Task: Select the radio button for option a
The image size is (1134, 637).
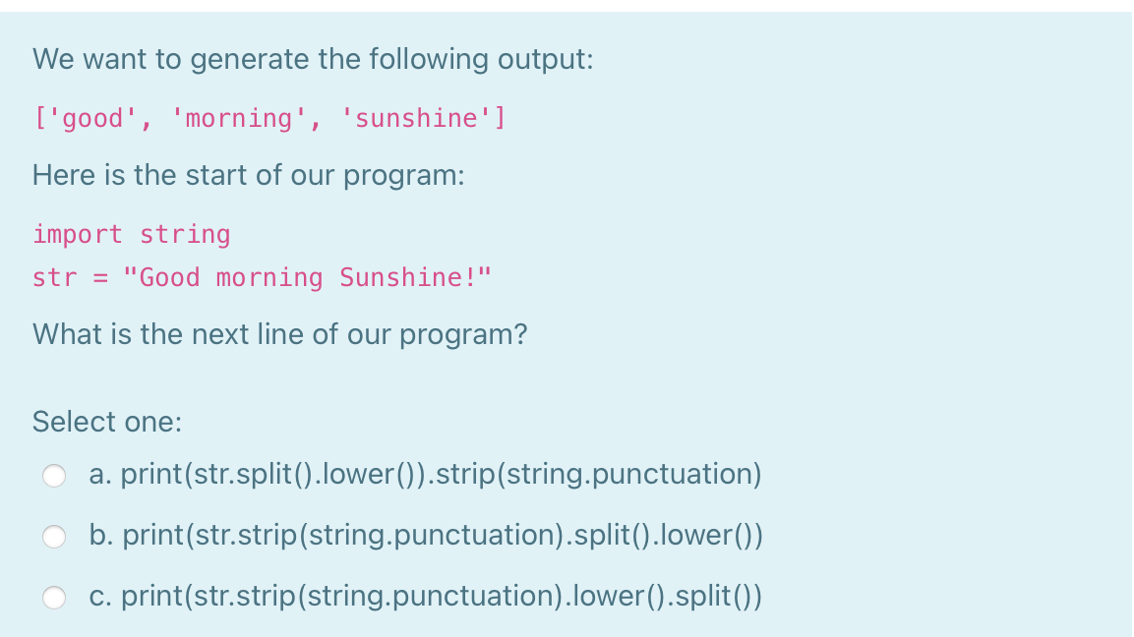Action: click(x=55, y=477)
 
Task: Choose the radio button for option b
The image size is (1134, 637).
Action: click(x=55, y=538)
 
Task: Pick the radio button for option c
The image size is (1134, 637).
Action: click(x=55, y=598)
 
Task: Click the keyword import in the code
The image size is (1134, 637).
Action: click(x=78, y=235)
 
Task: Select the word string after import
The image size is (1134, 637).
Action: click(x=185, y=235)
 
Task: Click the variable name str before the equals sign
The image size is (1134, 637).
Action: click(x=53, y=278)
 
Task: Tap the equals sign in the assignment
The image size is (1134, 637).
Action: click(x=99, y=278)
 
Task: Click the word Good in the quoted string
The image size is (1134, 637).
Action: click(x=166, y=278)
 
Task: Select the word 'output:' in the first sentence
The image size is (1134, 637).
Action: click(x=545, y=60)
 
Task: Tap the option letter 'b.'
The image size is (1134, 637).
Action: click(x=99, y=537)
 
